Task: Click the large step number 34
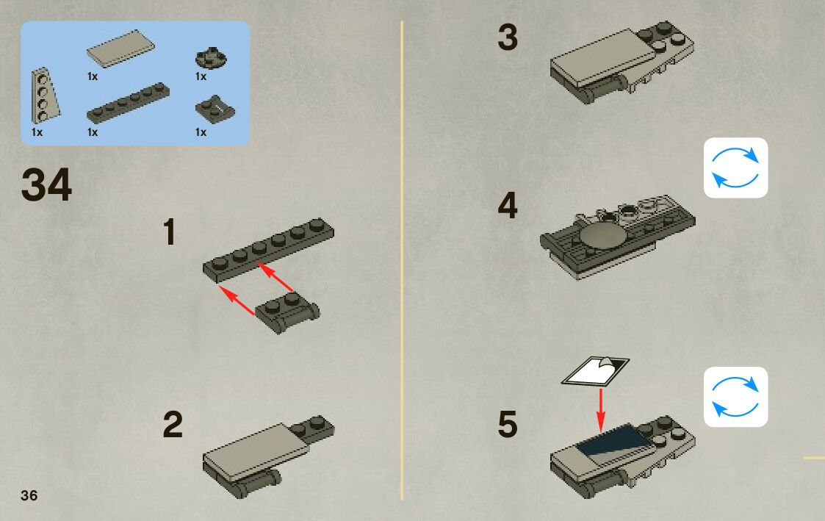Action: tap(46, 184)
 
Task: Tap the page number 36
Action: tap(29, 495)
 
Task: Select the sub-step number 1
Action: tap(170, 232)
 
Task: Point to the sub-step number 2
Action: tap(173, 424)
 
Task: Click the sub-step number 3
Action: tap(508, 37)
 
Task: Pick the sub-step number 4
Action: tap(508, 206)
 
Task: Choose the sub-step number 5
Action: tap(508, 424)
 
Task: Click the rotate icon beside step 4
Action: tap(735, 168)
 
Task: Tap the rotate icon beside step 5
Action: tap(735, 397)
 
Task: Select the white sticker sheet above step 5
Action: tap(595, 371)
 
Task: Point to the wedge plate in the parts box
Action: tap(44, 96)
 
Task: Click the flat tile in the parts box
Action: tap(120, 48)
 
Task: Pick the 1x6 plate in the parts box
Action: tap(128, 103)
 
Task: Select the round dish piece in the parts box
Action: tap(211, 57)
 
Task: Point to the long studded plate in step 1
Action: tap(268, 250)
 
